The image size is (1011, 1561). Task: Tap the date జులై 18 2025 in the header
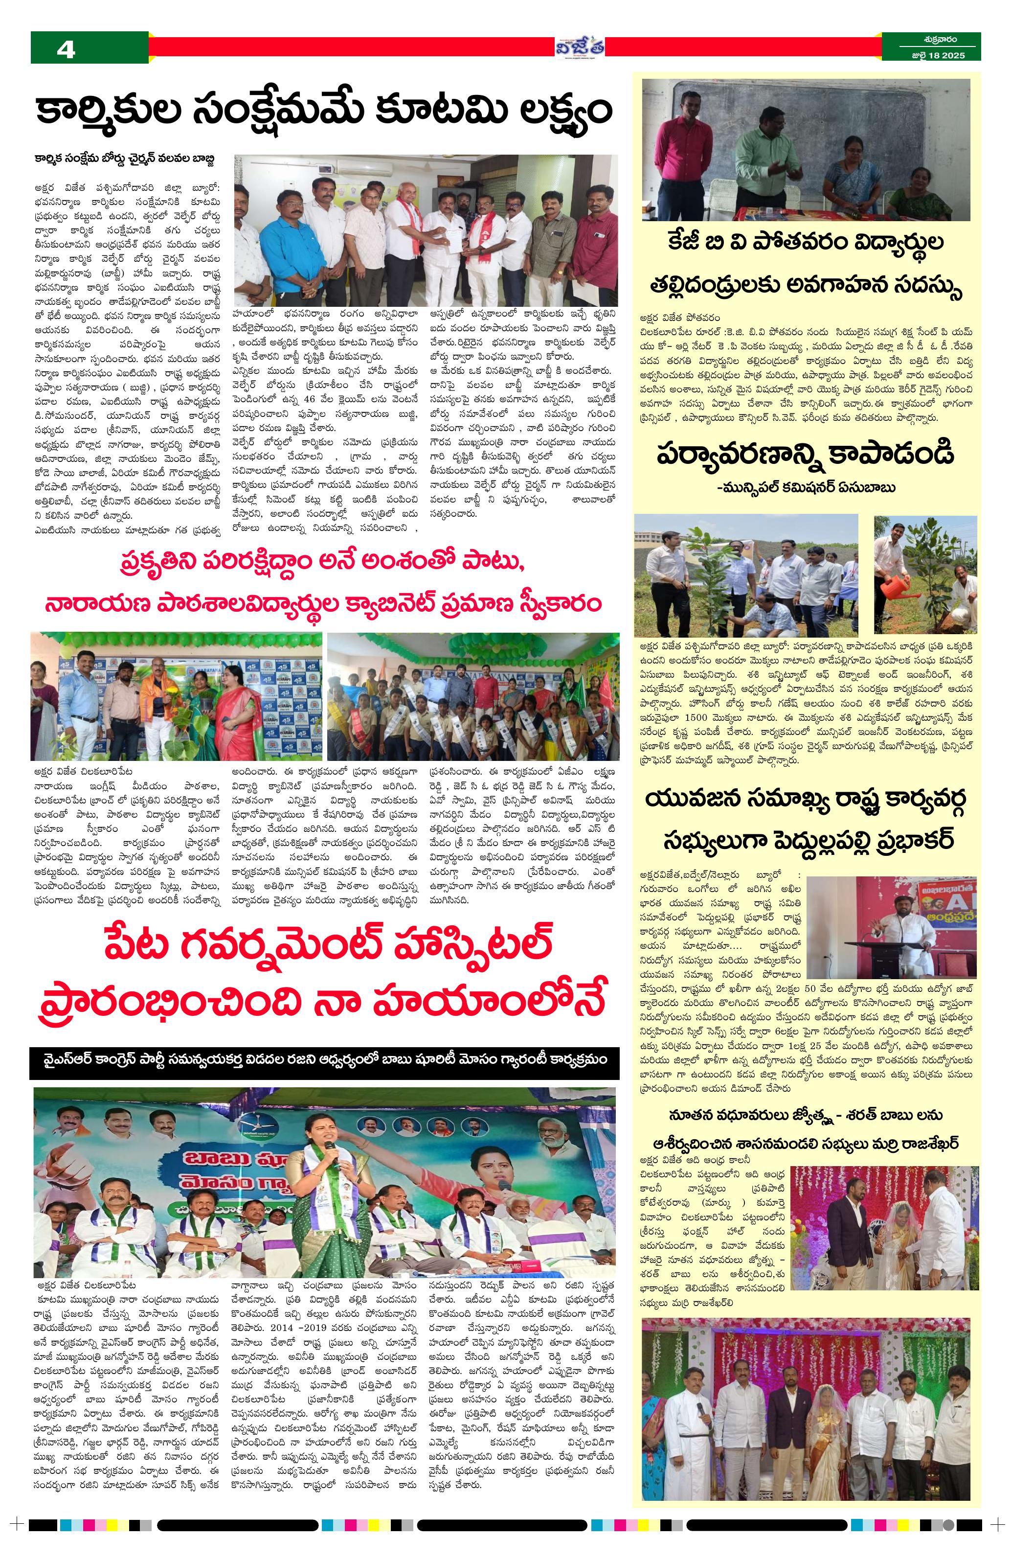pos(932,56)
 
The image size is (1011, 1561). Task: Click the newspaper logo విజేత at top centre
pos(580,47)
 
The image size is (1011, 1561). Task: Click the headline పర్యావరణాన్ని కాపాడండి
pos(805,455)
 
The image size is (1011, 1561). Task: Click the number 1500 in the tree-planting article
pos(685,718)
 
